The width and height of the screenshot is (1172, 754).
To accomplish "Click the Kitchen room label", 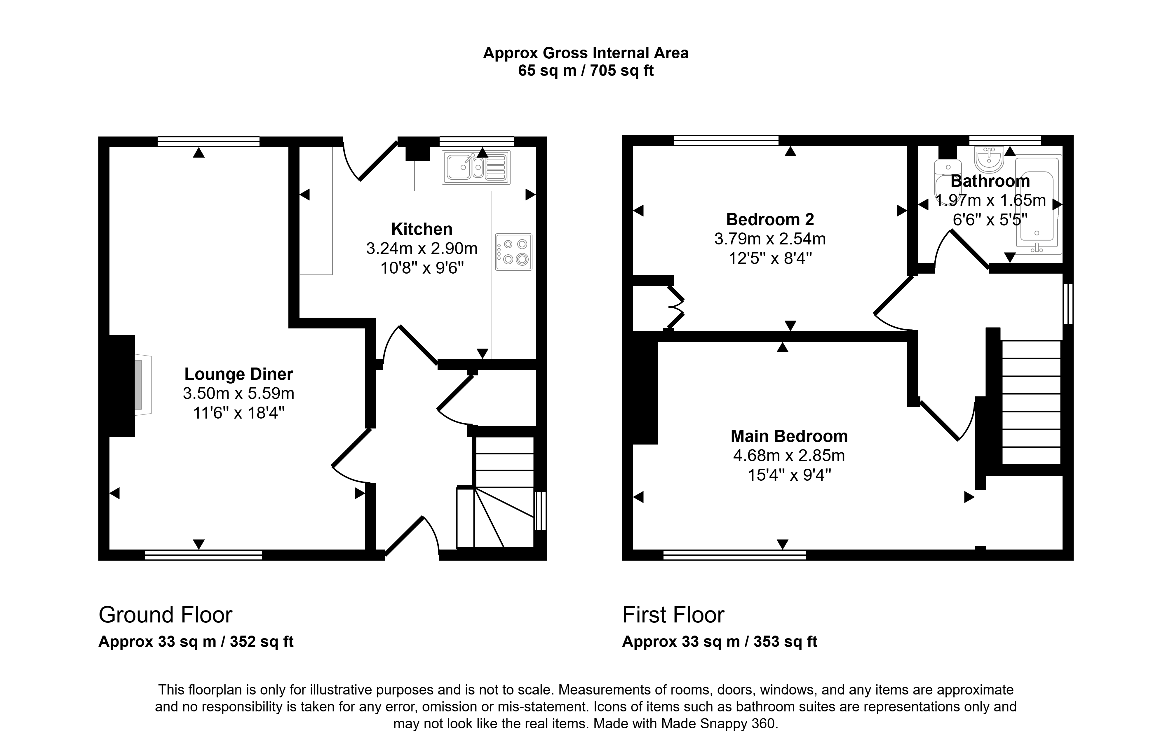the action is (422, 229).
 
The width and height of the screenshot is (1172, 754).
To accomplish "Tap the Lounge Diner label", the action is (238, 374).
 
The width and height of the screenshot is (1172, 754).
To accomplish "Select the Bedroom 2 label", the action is (770, 219).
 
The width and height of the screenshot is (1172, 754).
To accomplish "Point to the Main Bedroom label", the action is (789, 436).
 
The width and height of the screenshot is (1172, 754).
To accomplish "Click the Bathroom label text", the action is (990, 181).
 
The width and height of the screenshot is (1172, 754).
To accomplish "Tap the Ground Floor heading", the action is (166, 615).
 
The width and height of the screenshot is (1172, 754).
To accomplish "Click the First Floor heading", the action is (673, 615).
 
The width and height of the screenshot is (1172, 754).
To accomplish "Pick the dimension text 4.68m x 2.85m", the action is (789, 456).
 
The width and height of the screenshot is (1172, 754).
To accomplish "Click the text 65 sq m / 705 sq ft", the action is (586, 71).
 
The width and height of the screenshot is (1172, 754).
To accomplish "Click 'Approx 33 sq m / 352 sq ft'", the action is (196, 642).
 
